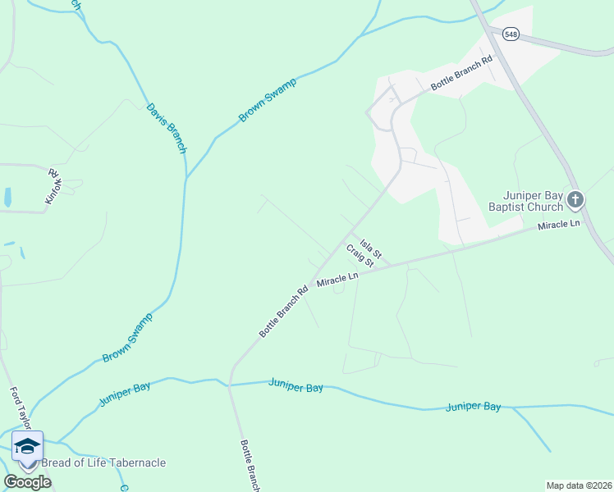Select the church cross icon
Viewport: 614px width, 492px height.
[575, 199]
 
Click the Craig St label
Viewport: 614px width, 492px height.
[360, 255]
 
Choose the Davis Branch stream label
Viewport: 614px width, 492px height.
[167, 128]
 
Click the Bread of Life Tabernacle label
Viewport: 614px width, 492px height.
[103, 462]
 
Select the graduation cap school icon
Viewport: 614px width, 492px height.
[27, 446]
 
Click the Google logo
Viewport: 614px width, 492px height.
[27, 482]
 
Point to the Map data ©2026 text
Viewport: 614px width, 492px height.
[579, 485]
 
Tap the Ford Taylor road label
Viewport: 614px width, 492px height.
[21, 408]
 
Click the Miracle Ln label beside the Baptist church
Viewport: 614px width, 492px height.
[558, 225]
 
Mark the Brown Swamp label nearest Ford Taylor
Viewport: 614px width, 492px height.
[128, 339]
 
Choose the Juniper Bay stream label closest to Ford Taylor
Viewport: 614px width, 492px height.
[124, 393]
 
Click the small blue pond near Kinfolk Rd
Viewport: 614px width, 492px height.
[7, 198]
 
